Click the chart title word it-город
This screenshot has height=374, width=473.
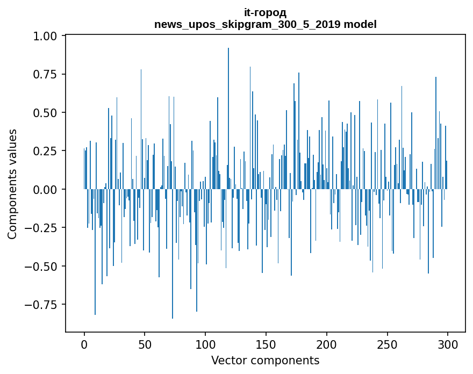pyautogui.click(x=265, y=13)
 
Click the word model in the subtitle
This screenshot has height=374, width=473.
pyautogui.click(x=360, y=24)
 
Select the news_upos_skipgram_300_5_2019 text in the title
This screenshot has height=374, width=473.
pyautogui.click(x=248, y=24)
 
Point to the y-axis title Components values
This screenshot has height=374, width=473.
pyautogui.click(x=12, y=184)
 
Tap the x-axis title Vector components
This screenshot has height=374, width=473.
pyautogui.click(x=265, y=360)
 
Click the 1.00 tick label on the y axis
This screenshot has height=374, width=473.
pyautogui.click(x=45, y=36)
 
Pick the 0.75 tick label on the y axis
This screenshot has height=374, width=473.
pyautogui.click(x=45, y=74)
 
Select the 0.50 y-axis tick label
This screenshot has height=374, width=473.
pyautogui.click(x=45, y=113)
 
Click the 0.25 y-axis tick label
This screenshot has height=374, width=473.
pyautogui.click(x=45, y=151)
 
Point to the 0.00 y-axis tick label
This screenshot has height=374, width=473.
pyautogui.click(x=45, y=189)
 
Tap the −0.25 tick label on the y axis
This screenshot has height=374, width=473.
pyautogui.click(x=41, y=228)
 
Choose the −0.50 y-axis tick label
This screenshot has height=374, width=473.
pyautogui.click(x=41, y=267)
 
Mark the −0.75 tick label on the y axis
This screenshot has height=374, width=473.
pyautogui.click(x=41, y=305)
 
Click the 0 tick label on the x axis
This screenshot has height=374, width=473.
pyautogui.click(x=84, y=344)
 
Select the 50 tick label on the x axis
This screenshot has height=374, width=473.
pyautogui.click(x=145, y=344)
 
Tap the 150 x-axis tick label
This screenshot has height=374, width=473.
pyautogui.click(x=266, y=344)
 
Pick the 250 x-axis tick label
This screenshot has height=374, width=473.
pyautogui.click(x=387, y=344)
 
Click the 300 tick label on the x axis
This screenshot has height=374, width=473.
pyautogui.click(x=448, y=344)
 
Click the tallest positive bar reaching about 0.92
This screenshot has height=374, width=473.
pyautogui.click(x=228, y=119)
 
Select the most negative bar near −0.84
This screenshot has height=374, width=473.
pyautogui.click(x=173, y=254)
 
